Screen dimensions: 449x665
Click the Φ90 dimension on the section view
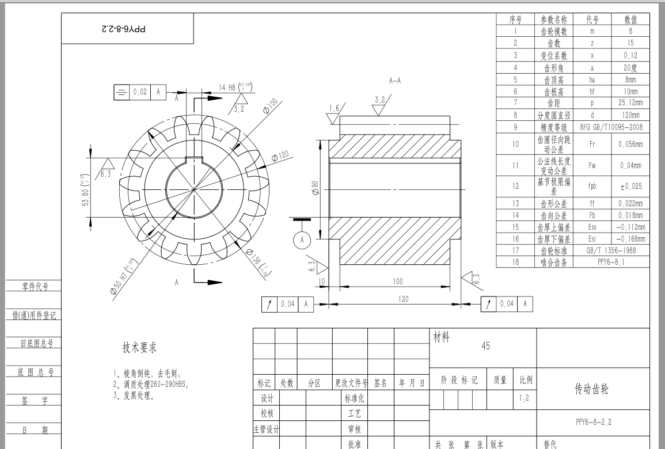click(x=315, y=189)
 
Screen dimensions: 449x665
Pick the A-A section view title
click(x=394, y=81)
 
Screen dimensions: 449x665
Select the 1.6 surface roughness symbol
click(x=334, y=108)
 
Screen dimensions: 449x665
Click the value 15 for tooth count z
click(x=630, y=42)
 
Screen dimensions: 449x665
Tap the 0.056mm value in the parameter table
click(x=630, y=144)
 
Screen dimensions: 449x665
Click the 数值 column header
click(x=630, y=20)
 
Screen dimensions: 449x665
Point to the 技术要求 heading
click(x=139, y=347)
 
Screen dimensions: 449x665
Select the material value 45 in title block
click(x=485, y=346)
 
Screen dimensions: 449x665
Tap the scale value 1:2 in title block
click(x=524, y=397)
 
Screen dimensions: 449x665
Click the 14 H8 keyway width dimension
click(x=235, y=87)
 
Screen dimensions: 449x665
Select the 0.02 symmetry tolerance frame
click(x=138, y=92)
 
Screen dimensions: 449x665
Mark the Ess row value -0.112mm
click(x=630, y=227)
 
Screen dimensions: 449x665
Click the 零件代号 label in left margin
click(x=35, y=286)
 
